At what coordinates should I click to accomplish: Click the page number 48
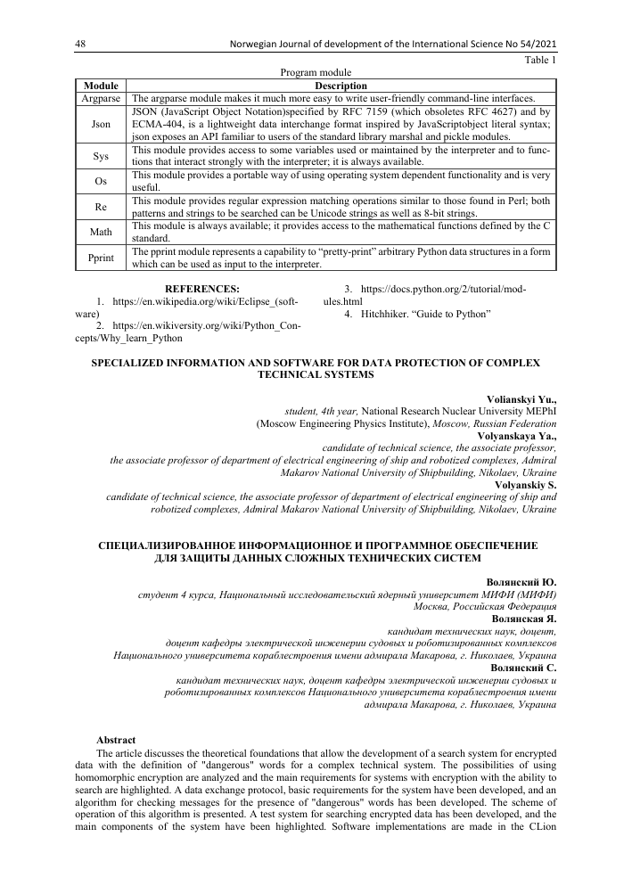79,44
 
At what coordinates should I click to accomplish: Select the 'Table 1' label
540,60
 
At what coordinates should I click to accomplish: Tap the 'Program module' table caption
316,72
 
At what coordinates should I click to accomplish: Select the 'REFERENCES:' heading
202,289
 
